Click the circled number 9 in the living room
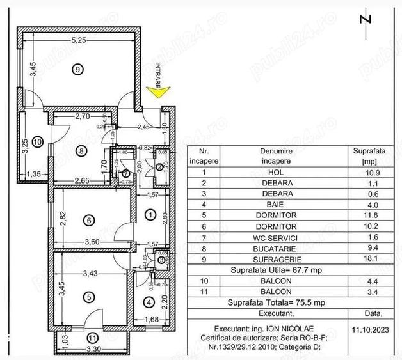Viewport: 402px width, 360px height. [x=77, y=69]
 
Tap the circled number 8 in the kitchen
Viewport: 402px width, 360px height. [x=81, y=151]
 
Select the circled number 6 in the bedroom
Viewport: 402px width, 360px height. [x=89, y=220]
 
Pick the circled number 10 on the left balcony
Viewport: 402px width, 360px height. [x=37, y=141]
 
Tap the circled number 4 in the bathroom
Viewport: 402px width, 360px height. [x=149, y=302]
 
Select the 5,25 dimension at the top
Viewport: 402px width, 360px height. [x=78, y=40]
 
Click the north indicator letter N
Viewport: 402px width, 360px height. [x=366, y=19]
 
